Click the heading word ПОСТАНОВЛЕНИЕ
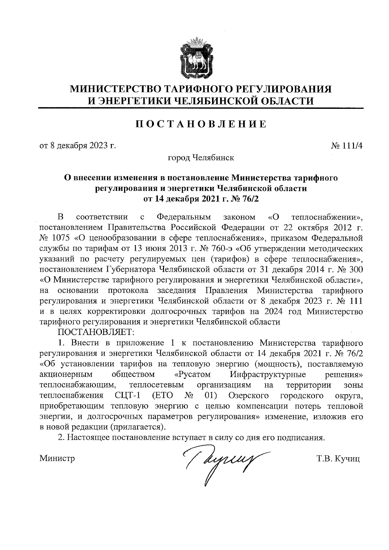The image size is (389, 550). tap(201, 124)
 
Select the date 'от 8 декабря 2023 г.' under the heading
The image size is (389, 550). tap(77, 146)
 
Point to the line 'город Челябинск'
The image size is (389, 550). tap(201, 158)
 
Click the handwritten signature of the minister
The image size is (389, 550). tap(224, 460)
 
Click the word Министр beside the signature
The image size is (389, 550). tap(57, 458)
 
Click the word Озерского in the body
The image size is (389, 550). tap(249, 395)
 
